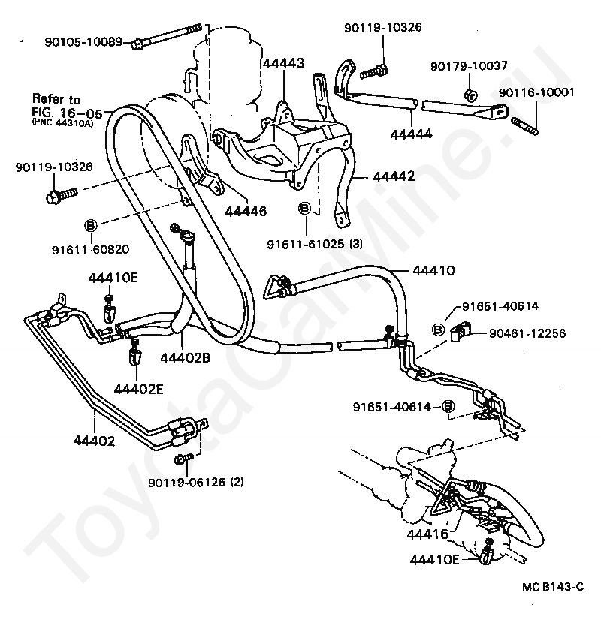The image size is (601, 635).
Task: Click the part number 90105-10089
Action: pos(83,42)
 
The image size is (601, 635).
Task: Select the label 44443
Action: pos(284,63)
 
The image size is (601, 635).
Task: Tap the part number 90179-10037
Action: pos(469,65)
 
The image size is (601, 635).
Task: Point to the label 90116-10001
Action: pos(536,92)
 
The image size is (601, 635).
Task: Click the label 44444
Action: pos(411,134)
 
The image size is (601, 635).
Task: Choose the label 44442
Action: pos(394,176)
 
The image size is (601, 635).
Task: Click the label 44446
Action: pos(246,211)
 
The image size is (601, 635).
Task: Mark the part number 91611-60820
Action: pos(90,249)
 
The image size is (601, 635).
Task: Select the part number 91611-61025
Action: pos(305,244)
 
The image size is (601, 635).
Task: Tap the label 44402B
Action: pos(186,358)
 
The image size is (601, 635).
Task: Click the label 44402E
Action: pos(138,389)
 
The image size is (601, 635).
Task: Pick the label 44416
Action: pos(427,534)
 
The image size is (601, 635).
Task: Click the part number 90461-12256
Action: pos(527,333)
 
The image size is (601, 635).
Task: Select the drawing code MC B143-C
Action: pos(553,587)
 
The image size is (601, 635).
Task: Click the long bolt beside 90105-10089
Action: pos(166,35)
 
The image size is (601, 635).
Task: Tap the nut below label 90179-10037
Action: pos(470,95)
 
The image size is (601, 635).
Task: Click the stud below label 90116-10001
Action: pos(524,126)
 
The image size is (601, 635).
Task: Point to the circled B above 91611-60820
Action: pos(90,225)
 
